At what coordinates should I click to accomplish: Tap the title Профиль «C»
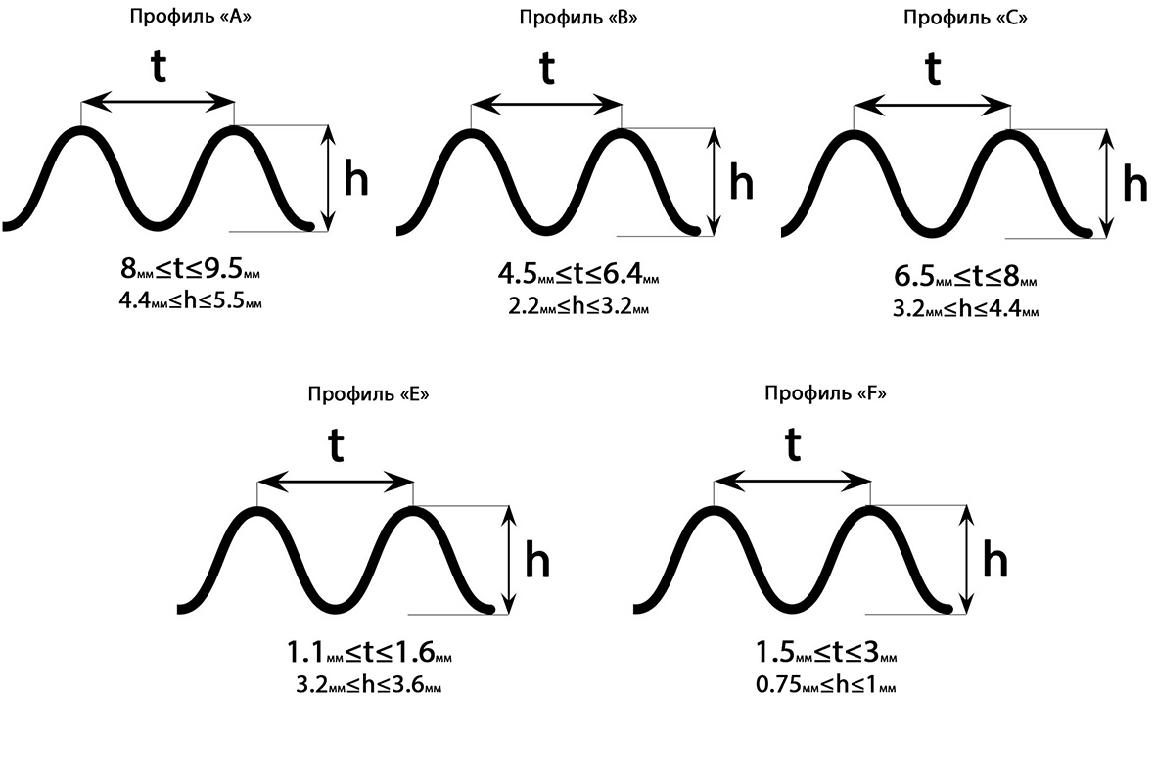click(965, 18)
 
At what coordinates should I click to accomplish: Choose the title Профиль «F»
click(826, 394)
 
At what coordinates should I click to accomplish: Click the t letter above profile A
click(157, 68)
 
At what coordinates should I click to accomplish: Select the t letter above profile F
click(793, 446)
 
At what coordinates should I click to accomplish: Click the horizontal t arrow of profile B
click(546, 104)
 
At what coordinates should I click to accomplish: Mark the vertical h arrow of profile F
click(967, 561)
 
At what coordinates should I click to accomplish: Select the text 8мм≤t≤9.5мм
click(191, 269)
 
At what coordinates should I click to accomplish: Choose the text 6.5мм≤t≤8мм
click(965, 278)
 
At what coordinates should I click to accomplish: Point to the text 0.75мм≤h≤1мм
click(826, 686)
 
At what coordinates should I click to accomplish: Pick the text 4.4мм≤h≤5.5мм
click(191, 301)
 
